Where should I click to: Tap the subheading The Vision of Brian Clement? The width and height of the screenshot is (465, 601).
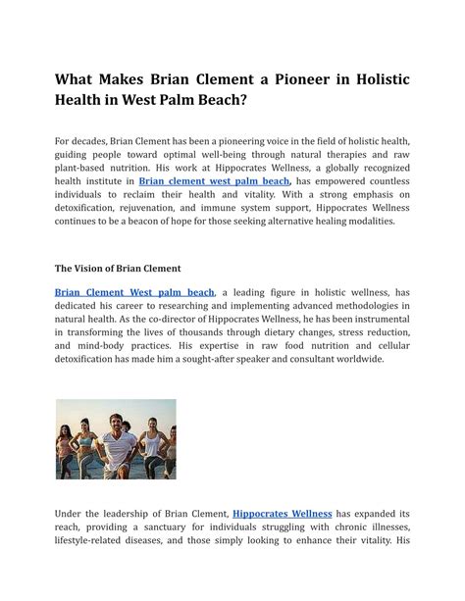[118, 268]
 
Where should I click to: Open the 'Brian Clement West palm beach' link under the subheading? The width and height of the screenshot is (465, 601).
[133, 292]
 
